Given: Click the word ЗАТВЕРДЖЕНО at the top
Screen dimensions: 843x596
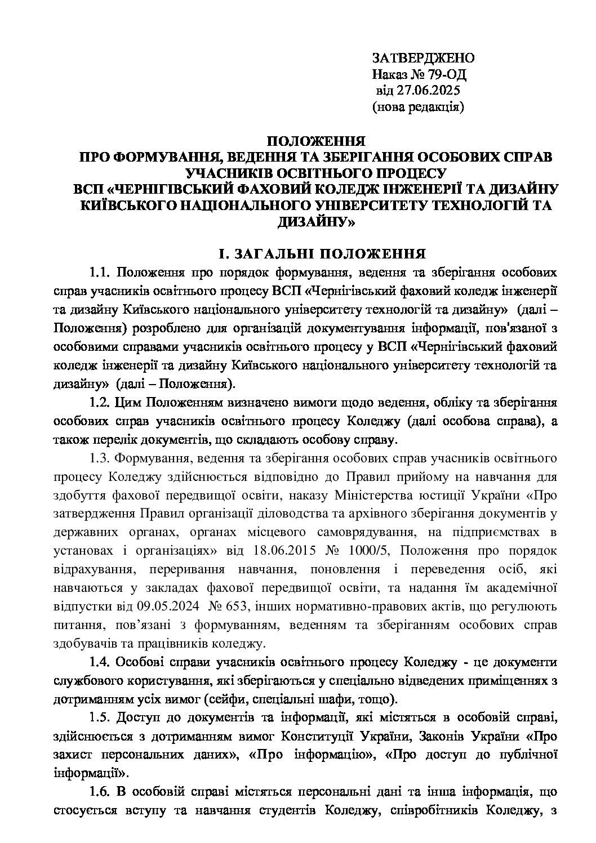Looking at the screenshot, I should point(423,58).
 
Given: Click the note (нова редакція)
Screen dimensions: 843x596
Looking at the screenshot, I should point(419,106).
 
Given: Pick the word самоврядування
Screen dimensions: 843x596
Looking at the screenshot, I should point(362,531).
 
